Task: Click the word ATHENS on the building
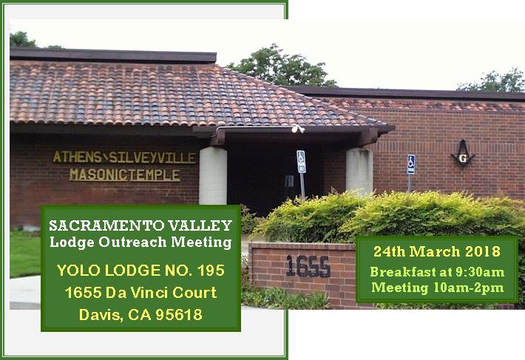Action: [x=78, y=157]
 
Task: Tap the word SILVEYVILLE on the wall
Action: [x=152, y=157]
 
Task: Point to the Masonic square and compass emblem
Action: [x=463, y=154]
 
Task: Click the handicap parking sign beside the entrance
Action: [x=301, y=162]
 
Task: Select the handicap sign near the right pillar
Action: [x=411, y=164]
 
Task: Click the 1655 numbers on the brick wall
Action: [x=308, y=267]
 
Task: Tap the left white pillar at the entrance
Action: [x=213, y=176]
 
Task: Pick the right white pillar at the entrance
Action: [x=359, y=171]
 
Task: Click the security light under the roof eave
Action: [x=297, y=129]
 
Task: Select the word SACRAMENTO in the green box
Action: [x=107, y=225]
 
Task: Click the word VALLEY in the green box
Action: [x=200, y=225]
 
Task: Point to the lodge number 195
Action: [x=211, y=271]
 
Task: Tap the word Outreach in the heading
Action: [x=132, y=242]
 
